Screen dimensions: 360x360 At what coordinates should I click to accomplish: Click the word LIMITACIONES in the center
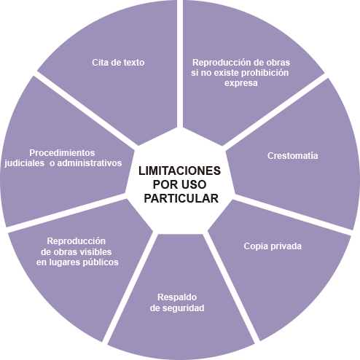click(179, 171)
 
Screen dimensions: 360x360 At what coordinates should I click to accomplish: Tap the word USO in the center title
click(195, 184)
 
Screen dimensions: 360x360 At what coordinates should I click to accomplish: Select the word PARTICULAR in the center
click(181, 198)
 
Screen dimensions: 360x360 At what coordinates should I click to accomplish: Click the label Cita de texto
click(118, 63)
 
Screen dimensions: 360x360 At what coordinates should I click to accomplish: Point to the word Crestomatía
click(293, 156)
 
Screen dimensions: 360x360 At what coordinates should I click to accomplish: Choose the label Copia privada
click(273, 246)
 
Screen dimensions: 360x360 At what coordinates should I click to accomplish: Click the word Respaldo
click(177, 297)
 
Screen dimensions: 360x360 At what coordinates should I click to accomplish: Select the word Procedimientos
click(62, 153)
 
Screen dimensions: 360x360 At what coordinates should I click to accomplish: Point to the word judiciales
click(24, 163)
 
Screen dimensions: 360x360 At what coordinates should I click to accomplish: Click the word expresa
click(241, 83)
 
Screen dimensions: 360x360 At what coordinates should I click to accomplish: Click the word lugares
click(64, 263)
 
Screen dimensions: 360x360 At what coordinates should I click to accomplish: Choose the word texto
click(134, 63)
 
